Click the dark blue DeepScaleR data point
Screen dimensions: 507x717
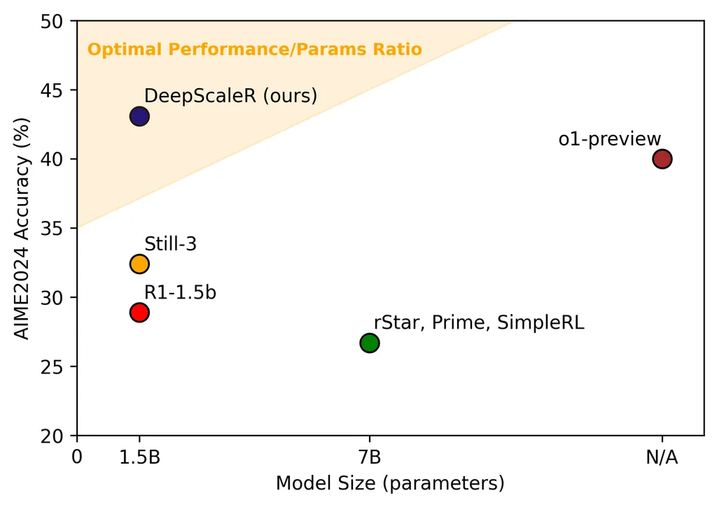pyautogui.click(x=139, y=116)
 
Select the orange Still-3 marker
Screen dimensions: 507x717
pyautogui.click(x=139, y=264)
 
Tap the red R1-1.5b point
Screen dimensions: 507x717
pyautogui.click(x=139, y=312)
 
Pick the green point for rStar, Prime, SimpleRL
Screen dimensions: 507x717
pyautogui.click(x=370, y=343)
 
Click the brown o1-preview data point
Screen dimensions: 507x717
pyautogui.click(x=662, y=159)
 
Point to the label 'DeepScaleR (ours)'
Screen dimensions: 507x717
pyautogui.click(x=231, y=96)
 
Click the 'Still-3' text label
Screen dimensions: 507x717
pyautogui.click(x=171, y=244)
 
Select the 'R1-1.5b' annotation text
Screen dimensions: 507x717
pyautogui.click(x=180, y=292)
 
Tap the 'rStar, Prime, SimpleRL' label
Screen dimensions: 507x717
pyautogui.click(x=479, y=322)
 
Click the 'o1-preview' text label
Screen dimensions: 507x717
pyautogui.click(x=610, y=139)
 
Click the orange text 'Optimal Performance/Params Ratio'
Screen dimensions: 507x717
pyautogui.click(x=254, y=50)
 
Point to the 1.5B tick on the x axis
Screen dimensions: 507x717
pyautogui.click(x=139, y=458)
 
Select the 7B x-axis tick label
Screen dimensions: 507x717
pyautogui.click(x=370, y=458)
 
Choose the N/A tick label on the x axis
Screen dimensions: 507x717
pyautogui.click(x=662, y=458)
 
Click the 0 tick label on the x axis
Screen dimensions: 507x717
pyautogui.click(x=77, y=458)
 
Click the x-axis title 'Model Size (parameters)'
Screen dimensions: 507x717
pyautogui.click(x=390, y=483)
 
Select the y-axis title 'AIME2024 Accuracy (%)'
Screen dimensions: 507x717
pyautogui.click(x=22, y=229)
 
